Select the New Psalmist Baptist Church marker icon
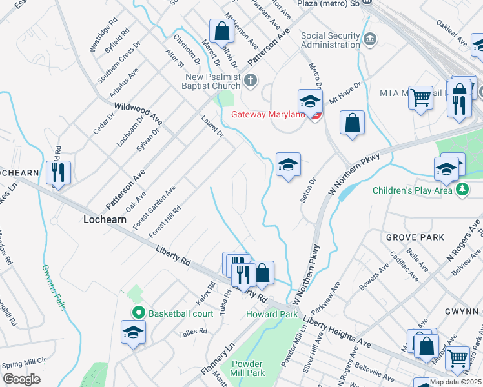(x=251, y=80)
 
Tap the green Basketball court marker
(x=138, y=313)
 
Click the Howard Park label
(x=271, y=314)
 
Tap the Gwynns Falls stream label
(x=54, y=287)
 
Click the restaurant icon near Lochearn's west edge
(x=58, y=172)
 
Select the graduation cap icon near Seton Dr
(x=288, y=164)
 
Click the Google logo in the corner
(x=21, y=379)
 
